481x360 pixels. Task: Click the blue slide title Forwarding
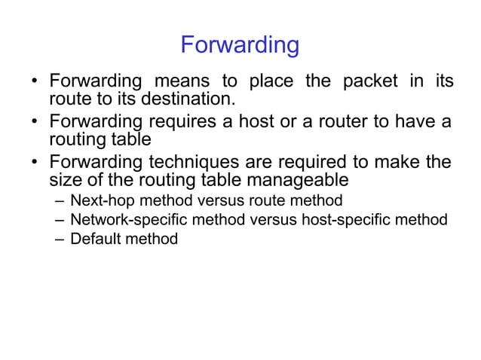(x=240, y=45)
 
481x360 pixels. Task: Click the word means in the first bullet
(x=182, y=81)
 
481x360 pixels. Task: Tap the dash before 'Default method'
(x=60, y=239)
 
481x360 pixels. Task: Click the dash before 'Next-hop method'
(x=60, y=200)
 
